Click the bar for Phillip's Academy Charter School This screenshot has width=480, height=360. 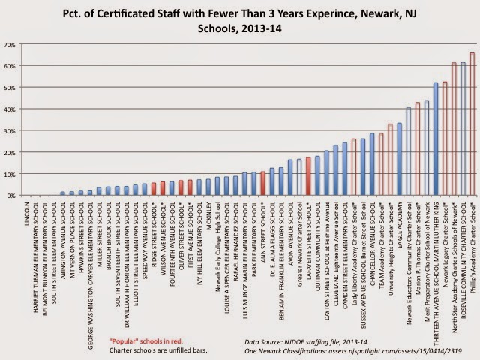(x=472, y=124)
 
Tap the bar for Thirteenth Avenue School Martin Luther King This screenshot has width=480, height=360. (x=436, y=139)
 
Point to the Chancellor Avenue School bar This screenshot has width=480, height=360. (x=372, y=164)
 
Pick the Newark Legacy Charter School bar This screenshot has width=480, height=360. (x=445, y=139)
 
